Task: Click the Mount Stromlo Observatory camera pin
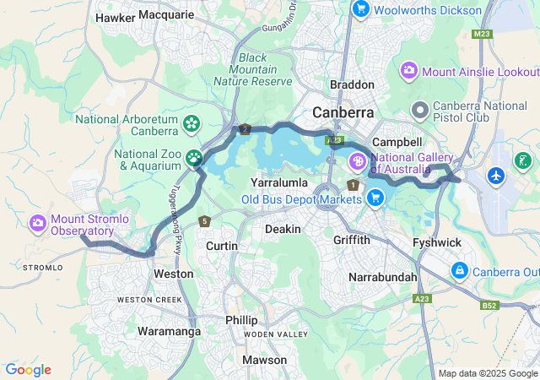pyautogui.click(x=38, y=223)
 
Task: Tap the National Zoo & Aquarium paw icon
pyautogui.click(x=195, y=157)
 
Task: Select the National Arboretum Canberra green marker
pyautogui.click(x=192, y=123)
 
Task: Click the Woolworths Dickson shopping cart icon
pyautogui.click(x=361, y=9)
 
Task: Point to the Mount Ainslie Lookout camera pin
pyautogui.click(x=410, y=70)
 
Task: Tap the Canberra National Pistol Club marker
pyautogui.click(x=419, y=110)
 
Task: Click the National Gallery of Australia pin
pyautogui.click(x=358, y=160)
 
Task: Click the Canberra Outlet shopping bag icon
pyautogui.click(x=460, y=271)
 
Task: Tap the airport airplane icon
pyautogui.click(x=496, y=176)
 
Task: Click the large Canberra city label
pyautogui.click(x=343, y=112)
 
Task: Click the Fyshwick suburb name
pyautogui.click(x=436, y=242)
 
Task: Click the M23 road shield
pyautogui.click(x=482, y=34)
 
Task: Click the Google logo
pyautogui.click(x=28, y=370)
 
